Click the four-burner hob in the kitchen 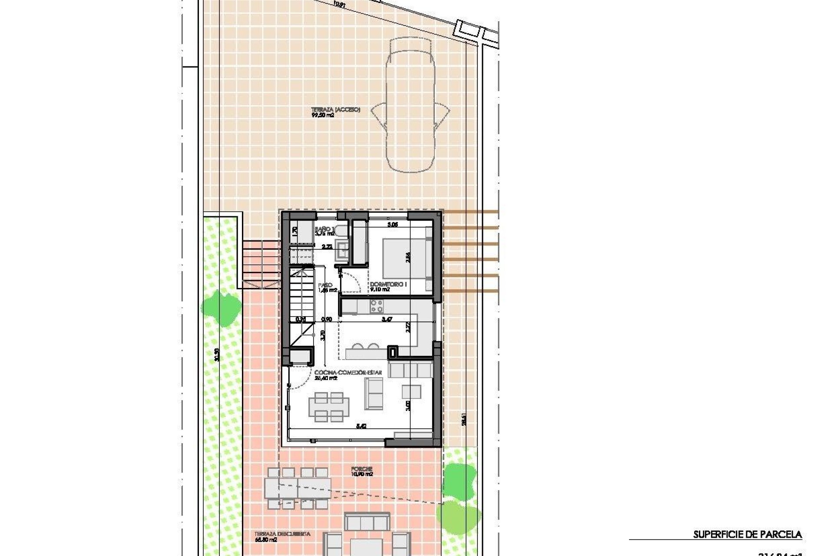point(376,307)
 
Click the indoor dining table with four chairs point(329,407)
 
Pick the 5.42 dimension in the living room point(361,427)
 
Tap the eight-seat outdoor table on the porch point(298,488)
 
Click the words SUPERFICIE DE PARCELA point(747,535)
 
